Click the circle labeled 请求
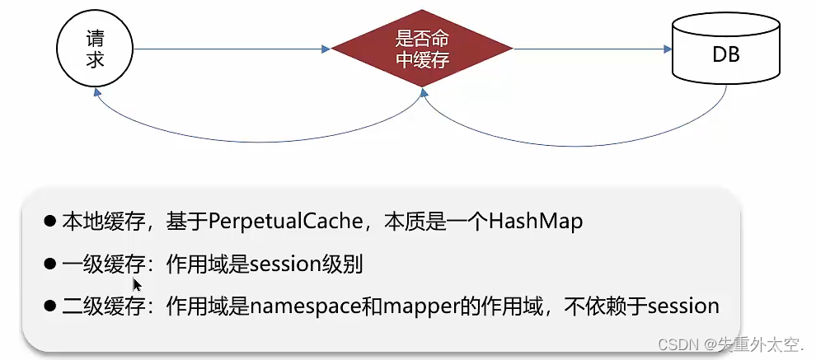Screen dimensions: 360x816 pyautogui.click(x=95, y=49)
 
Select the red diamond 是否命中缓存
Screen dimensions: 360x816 pyautogui.click(x=422, y=49)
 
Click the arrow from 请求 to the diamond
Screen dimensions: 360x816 pyautogui.click(x=231, y=49)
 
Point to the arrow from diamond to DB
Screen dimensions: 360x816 pyautogui.click(x=589, y=49)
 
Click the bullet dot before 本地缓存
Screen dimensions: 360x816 pyautogui.click(x=50, y=222)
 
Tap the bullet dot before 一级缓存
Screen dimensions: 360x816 pyautogui.click(x=50, y=264)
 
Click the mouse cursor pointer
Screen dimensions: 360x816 pyautogui.click(x=137, y=285)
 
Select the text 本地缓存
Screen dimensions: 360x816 pyautogui.click(x=94, y=222)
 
